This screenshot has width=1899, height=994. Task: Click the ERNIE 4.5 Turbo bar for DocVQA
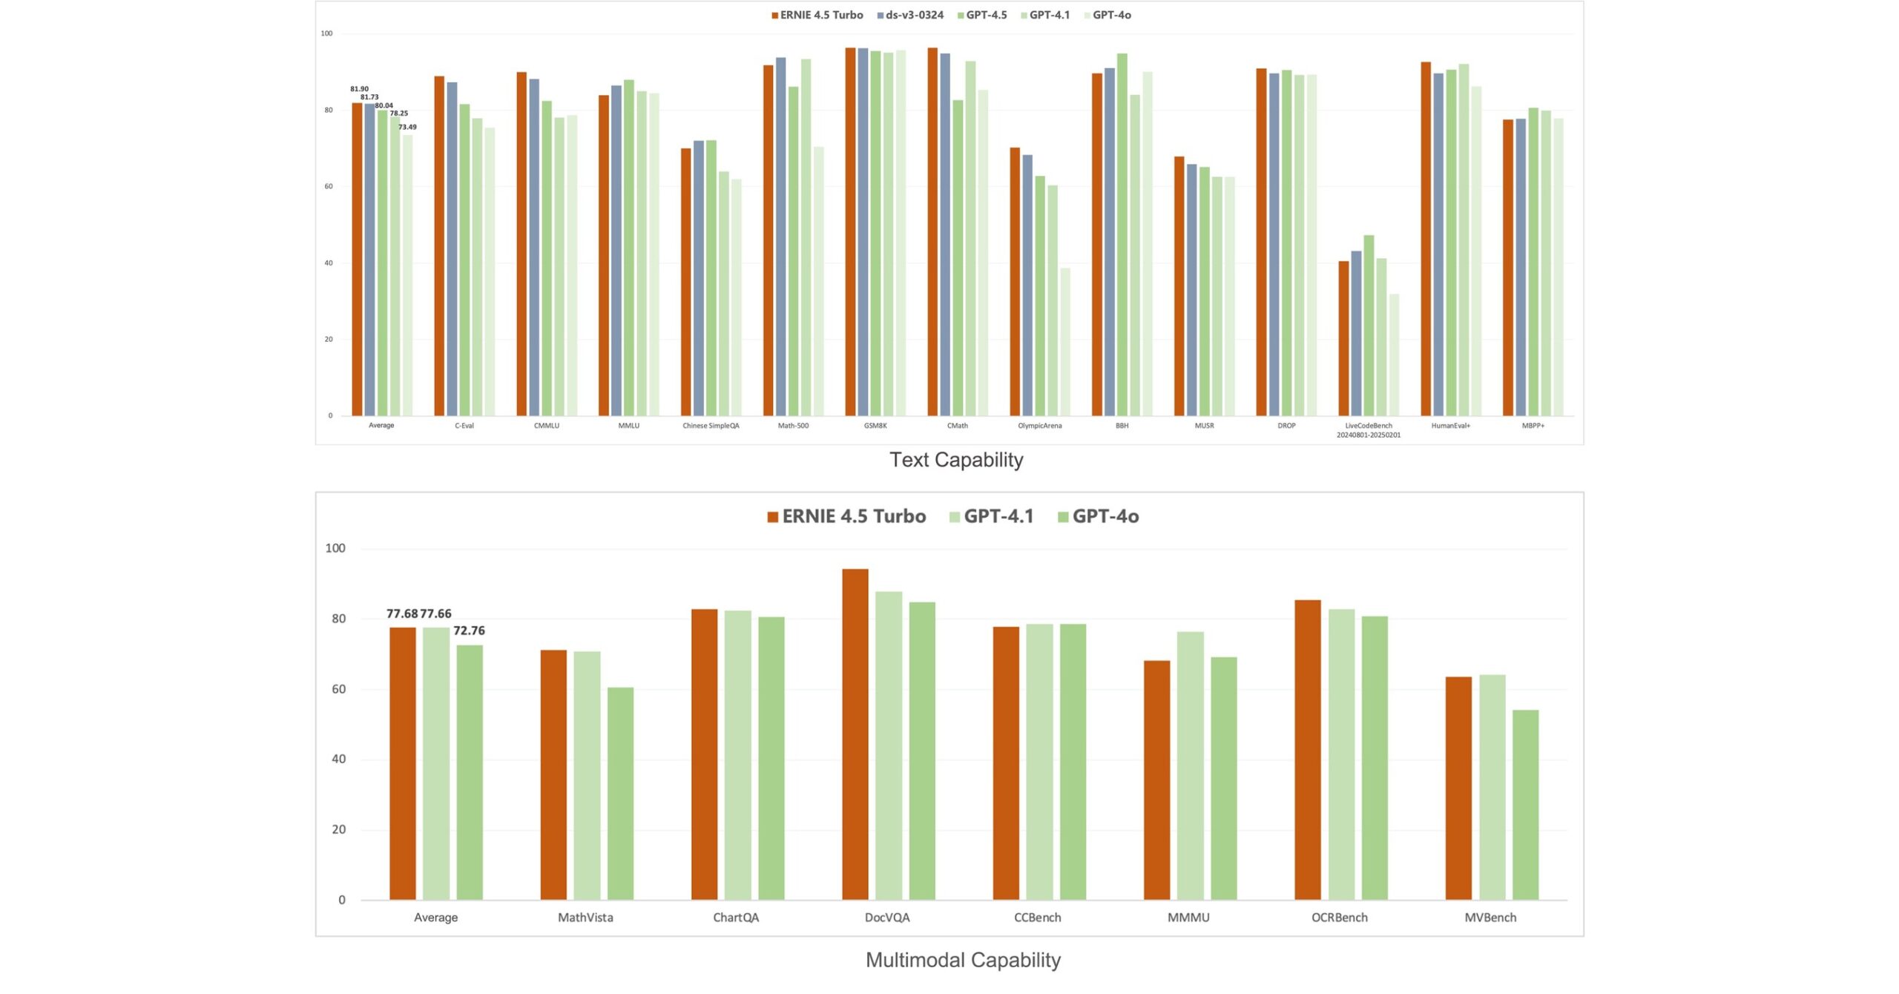[x=855, y=734]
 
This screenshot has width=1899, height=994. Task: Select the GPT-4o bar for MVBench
[x=1525, y=805]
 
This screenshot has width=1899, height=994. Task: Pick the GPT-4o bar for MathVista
[x=620, y=794]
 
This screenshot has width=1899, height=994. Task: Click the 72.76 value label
[x=469, y=631]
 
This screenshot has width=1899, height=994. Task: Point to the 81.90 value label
[x=359, y=89]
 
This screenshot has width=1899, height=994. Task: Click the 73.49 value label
[x=407, y=127]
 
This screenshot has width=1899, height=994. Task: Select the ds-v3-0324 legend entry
[x=910, y=15]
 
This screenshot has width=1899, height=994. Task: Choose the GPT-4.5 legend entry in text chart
[x=982, y=15]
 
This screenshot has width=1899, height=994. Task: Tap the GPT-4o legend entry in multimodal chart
[x=1098, y=516]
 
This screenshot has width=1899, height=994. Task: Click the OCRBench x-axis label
[x=1339, y=918]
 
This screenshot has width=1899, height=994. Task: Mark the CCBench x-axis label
[x=1037, y=918]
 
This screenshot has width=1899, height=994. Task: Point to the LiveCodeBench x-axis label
[x=1369, y=430]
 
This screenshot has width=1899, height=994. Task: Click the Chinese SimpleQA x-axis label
[x=711, y=426]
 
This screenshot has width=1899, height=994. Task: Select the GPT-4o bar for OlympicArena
[x=1065, y=341]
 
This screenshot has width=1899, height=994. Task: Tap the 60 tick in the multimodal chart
[x=338, y=689]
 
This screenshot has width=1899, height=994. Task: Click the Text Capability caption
[x=956, y=460]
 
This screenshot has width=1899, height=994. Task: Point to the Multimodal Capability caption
[x=963, y=960]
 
